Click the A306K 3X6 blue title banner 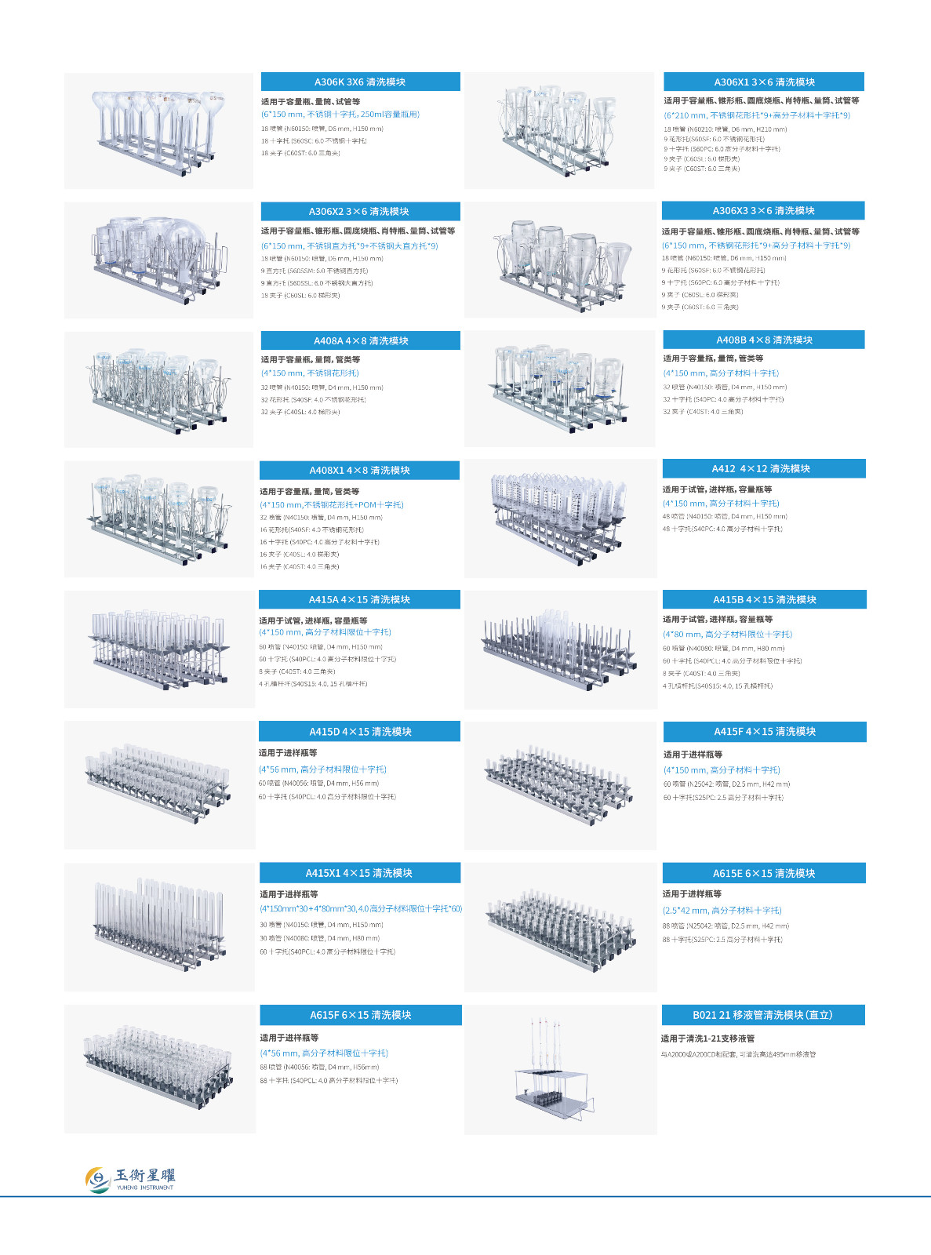(360, 82)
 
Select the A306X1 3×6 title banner (763, 82)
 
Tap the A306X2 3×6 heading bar (360, 211)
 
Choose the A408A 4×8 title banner (360, 340)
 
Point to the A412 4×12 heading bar (763, 468)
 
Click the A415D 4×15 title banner (360, 731)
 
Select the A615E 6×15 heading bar (763, 873)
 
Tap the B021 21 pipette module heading (763, 1015)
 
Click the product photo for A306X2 (158, 260)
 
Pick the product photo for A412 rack (560, 518)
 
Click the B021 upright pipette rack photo (560, 1069)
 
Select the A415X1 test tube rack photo (158, 926)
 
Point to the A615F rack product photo (158, 1068)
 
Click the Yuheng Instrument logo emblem (98, 1179)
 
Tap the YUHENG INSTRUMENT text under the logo (145, 1188)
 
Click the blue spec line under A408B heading (721, 373)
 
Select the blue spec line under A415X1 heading (361, 909)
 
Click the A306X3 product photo (560, 260)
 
